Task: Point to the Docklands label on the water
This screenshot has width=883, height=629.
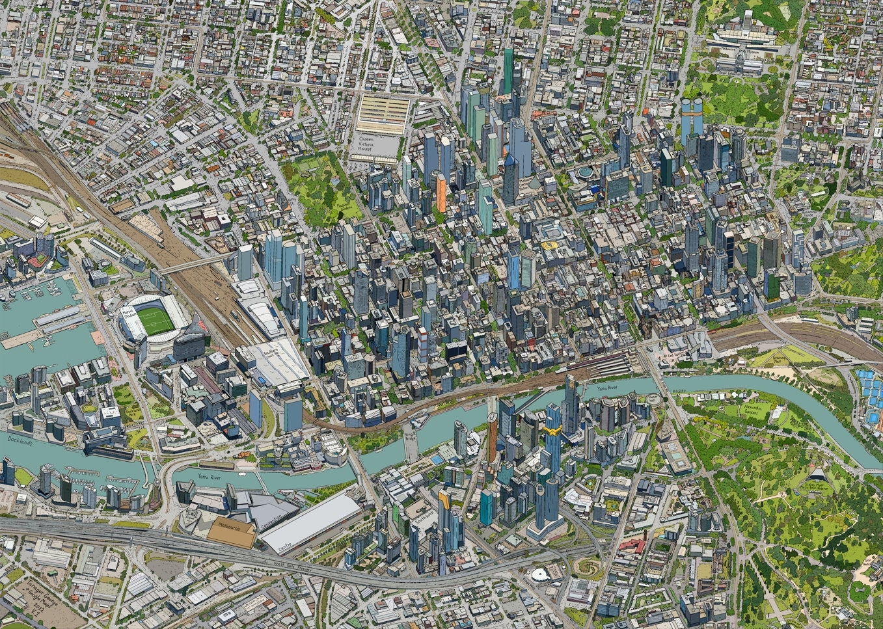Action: [19, 440]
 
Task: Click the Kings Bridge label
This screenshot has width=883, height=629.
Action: [409, 434]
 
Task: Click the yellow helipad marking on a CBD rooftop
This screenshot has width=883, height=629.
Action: [550, 246]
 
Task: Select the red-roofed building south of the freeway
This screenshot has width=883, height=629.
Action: [632, 545]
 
